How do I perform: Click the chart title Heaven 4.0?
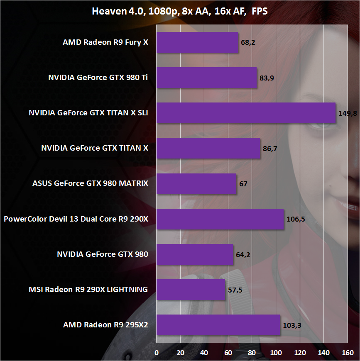click(x=180, y=11)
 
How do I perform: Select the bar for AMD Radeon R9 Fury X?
click(x=197, y=42)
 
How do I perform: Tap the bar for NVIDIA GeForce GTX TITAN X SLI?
click(x=246, y=113)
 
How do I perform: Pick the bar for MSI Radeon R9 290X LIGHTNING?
click(x=191, y=290)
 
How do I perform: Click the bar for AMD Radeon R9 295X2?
click(x=218, y=325)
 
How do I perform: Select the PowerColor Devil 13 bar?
click(x=220, y=219)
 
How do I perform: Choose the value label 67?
click(x=243, y=183)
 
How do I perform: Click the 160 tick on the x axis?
click(x=348, y=353)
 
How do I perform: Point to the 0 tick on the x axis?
click(x=157, y=353)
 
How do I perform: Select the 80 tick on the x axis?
click(x=252, y=353)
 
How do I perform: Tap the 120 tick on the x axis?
click(x=300, y=353)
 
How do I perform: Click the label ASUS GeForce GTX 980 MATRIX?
click(x=90, y=183)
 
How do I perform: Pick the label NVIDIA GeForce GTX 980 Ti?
click(x=98, y=78)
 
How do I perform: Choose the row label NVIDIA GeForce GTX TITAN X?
click(x=95, y=148)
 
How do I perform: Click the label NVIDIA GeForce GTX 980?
click(x=102, y=254)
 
